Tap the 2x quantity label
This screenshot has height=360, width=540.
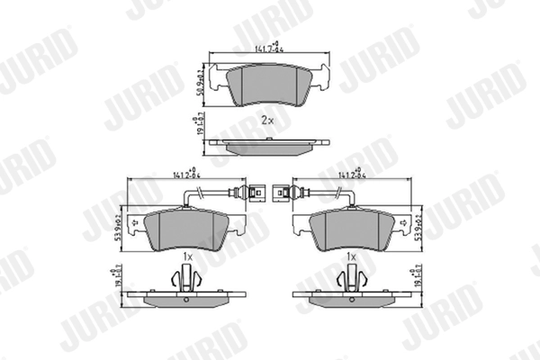(x=267, y=120)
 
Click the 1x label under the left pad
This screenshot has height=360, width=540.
(x=187, y=256)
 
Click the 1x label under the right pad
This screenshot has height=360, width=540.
(x=353, y=256)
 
